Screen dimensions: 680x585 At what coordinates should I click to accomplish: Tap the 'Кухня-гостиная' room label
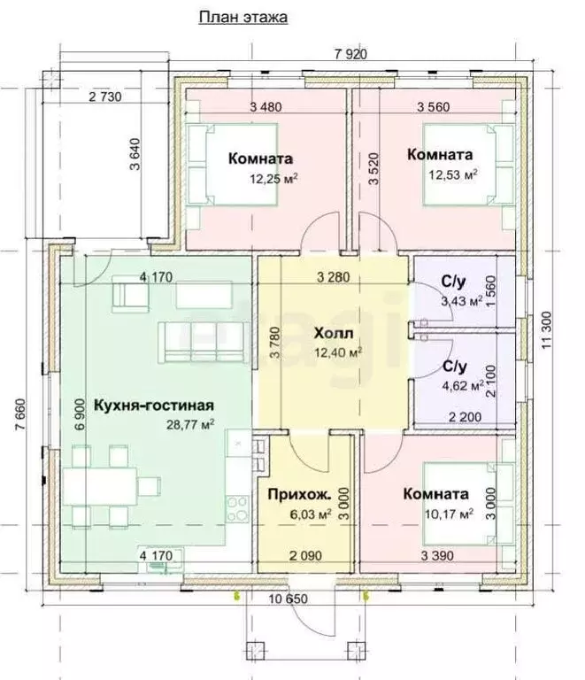142,406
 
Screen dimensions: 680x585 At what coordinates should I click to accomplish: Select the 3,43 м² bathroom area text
460,302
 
